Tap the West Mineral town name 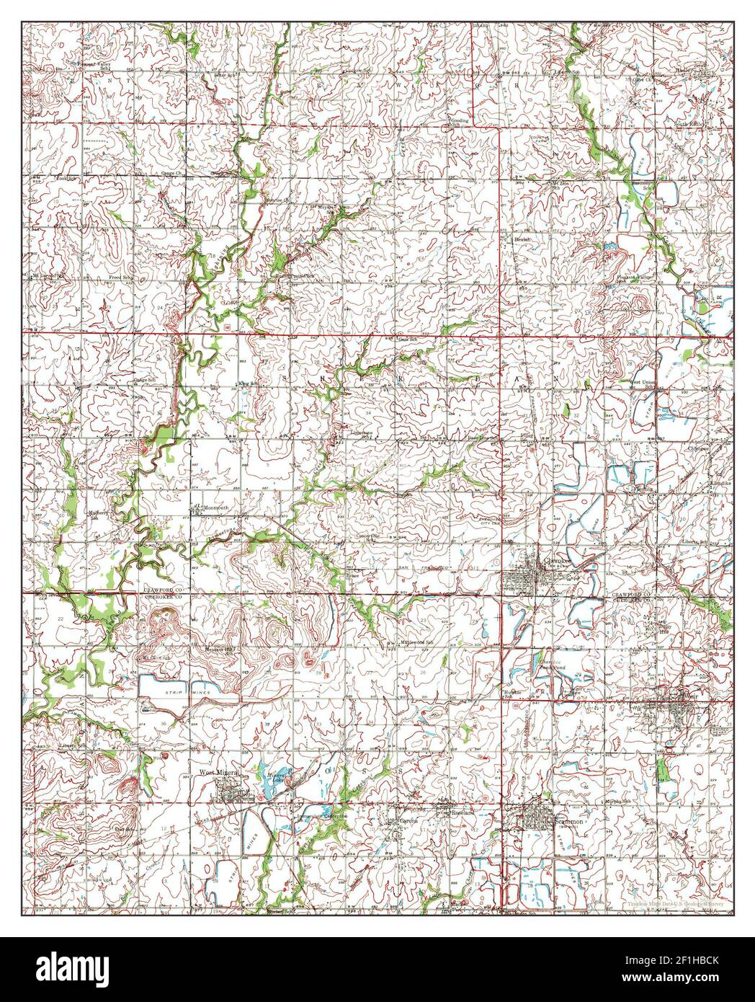[219, 773]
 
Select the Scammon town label [569, 820]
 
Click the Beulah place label [522, 239]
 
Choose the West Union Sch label [645, 383]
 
